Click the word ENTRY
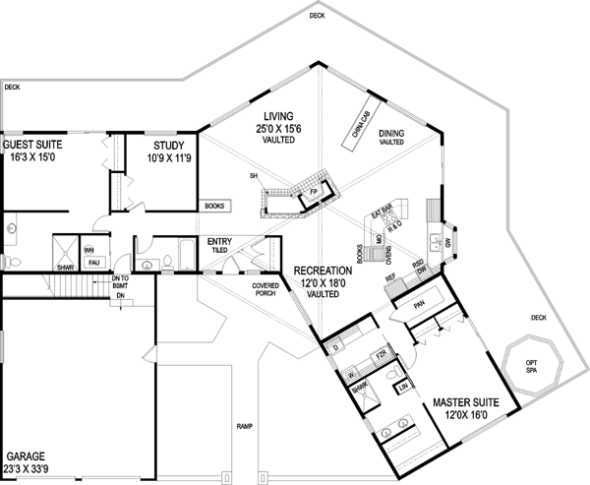pyautogui.click(x=218, y=241)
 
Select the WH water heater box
pyautogui.click(x=88, y=250)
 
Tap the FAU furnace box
pyautogui.click(x=94, y=263)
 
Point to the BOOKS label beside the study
pyautogui.click(x=214, y=207)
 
